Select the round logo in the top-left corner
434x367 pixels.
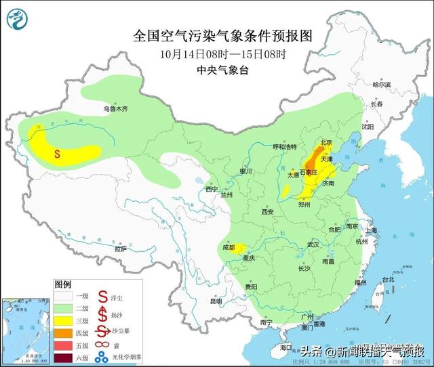(x=18, y=18)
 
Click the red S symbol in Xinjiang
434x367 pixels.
(x=58, y=154)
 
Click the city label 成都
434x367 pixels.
(x=227, y=248)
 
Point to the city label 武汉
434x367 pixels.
(x=313, y=243)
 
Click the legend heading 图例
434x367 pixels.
(x=63, y=284)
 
